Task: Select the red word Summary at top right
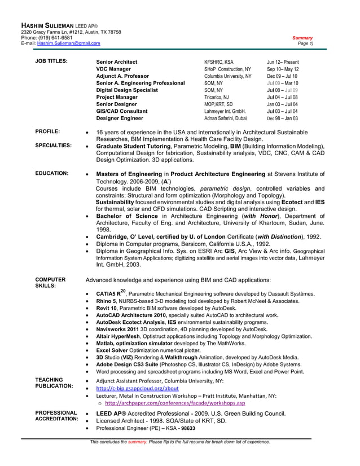coord(302,38)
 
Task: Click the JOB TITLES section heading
coord(51,61)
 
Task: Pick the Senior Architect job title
coord(117,62)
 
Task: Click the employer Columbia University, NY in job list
coord(227,76)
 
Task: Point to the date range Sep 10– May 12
coord(283,69)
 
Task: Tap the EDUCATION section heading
coord(52,173)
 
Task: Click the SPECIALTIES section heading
coord(53,146)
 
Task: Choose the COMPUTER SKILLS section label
coord(50,283)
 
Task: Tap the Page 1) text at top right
coord(305,43)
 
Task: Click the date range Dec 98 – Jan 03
coord(283,118)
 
